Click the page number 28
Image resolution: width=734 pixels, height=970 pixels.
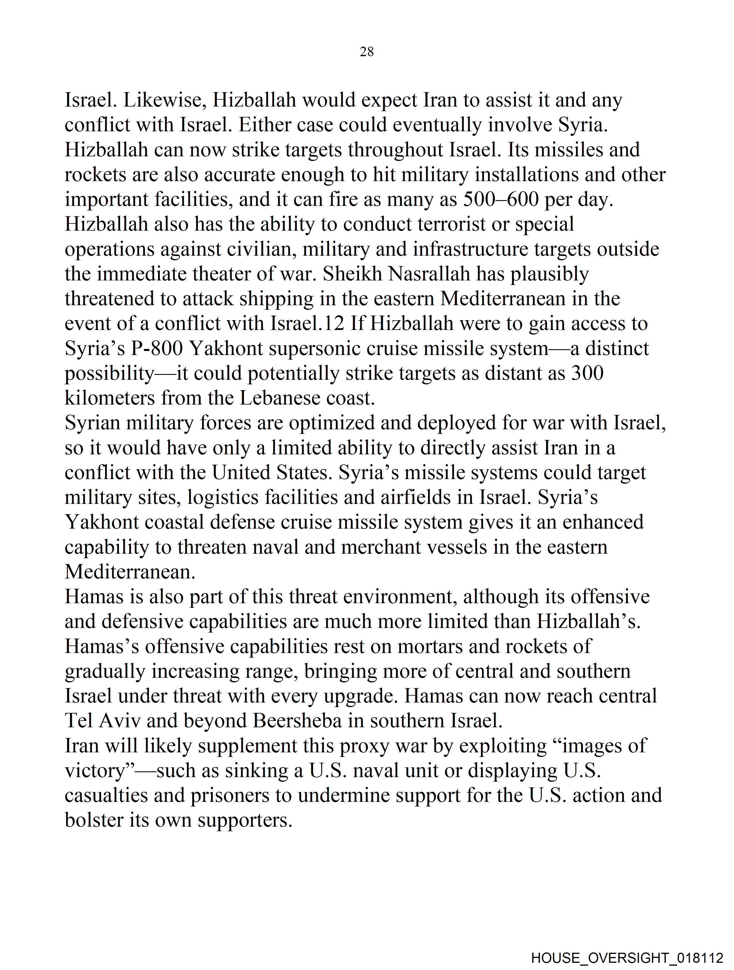click(366, 52)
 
